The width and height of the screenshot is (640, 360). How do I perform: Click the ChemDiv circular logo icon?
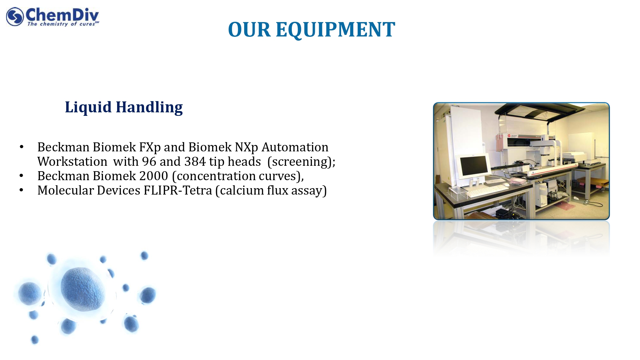[15, 17]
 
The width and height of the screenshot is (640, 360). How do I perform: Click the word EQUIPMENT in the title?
[335, 30]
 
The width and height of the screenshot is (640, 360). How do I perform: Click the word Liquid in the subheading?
[88, 108]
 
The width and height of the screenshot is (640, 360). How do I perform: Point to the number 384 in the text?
[195, 162]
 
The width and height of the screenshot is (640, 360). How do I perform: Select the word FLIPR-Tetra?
[178, 190]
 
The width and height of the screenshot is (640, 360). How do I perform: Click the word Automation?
[295, 147]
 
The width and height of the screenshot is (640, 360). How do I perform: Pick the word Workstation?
[72, 162]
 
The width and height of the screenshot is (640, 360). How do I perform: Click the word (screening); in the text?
[301, 162]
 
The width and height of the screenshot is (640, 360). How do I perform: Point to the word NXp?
[246, 148]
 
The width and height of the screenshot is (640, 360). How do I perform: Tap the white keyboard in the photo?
[487, 191]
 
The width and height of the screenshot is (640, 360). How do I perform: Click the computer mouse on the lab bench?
[507, 185]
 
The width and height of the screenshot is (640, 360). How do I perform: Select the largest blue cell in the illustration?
[83, 289]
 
